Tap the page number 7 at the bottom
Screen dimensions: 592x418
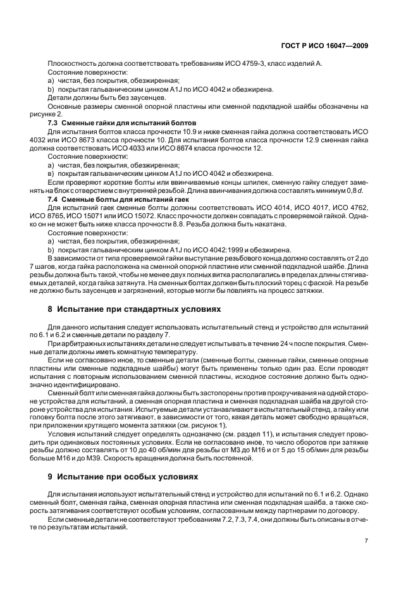[x=366, y=541]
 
